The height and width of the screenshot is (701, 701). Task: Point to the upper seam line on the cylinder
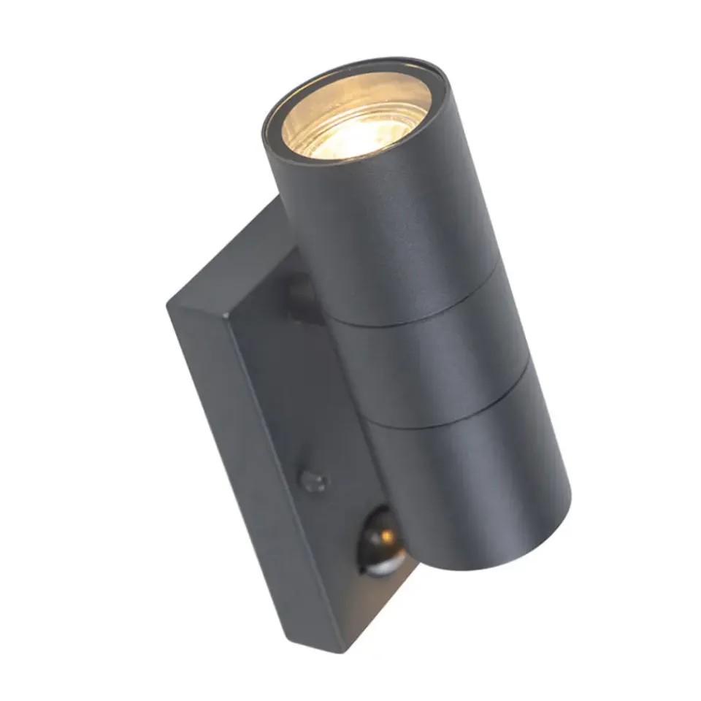tap(409, 307)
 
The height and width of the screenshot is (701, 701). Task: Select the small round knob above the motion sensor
tap(313, 480)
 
